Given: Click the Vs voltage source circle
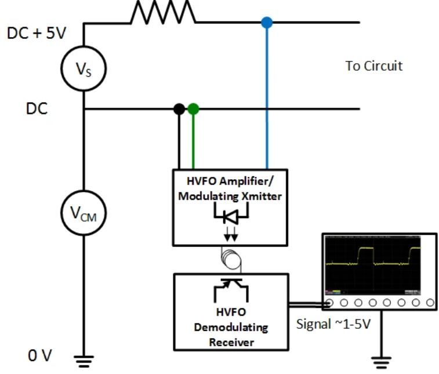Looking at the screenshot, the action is tap(84, 47).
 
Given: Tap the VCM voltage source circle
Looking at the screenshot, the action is tap(84, 191).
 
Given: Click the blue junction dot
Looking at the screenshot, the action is tap(267, 23).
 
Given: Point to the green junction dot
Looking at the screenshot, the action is tap(193, 109).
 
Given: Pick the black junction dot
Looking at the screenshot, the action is tap(179, 109).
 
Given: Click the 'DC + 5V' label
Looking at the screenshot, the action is tap(37, 33).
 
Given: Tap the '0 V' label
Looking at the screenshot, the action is tap(40, 356).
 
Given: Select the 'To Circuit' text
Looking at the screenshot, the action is tap(374, 66).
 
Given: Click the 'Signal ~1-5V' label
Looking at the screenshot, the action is tap(333, 324).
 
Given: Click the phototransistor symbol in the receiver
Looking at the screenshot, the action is tap(231, 290).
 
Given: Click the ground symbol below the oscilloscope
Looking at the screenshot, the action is tap(381, 362).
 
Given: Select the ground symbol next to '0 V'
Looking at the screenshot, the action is tap(84, 361).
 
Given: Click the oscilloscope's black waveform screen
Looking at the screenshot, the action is tap(373, 265).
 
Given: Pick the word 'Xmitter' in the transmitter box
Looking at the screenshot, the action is tap(262, 196).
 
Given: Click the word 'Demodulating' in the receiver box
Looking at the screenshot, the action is tap(231, 327).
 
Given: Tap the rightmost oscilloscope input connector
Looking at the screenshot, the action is tap(430, 303).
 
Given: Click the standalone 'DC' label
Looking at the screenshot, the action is tap(37, 108).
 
